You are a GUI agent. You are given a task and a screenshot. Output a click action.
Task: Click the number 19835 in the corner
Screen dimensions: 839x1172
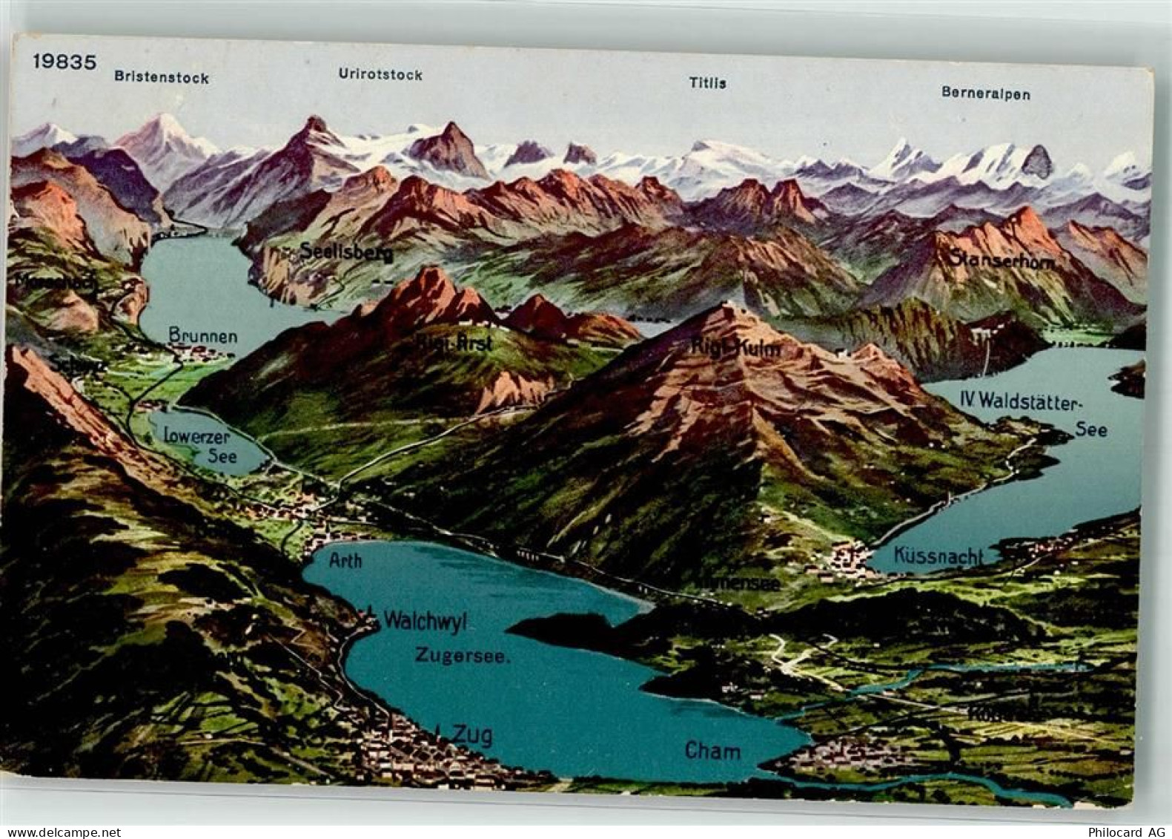tap(64, 62)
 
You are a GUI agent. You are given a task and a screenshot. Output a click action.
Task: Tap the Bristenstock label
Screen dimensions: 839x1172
tap(161, 77)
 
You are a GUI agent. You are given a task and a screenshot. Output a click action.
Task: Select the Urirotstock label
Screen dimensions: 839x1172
tap(380, 74)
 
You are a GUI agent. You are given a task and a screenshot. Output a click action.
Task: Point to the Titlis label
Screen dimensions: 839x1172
tap(707, 83)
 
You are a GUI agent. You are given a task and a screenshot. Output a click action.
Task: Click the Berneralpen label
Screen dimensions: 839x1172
tap(985, 93)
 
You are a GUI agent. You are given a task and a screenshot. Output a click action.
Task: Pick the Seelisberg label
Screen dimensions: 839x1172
tap(346, 253)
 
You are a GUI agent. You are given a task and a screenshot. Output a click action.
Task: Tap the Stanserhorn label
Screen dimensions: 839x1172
tap(1001, 260)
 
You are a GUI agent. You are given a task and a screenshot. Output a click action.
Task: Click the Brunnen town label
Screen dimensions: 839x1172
tap(203, 336)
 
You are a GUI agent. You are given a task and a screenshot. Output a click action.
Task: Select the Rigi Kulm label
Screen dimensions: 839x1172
tap(736, 346)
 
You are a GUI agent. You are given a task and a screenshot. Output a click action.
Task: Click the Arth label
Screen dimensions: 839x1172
tap(345, 560)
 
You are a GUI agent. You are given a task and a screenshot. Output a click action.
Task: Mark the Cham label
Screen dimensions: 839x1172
tap(712, 751)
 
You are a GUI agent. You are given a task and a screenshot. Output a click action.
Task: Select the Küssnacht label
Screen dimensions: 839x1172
tap(938, 556)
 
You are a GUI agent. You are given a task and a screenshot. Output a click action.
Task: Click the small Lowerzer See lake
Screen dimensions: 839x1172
tap(222, 449)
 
